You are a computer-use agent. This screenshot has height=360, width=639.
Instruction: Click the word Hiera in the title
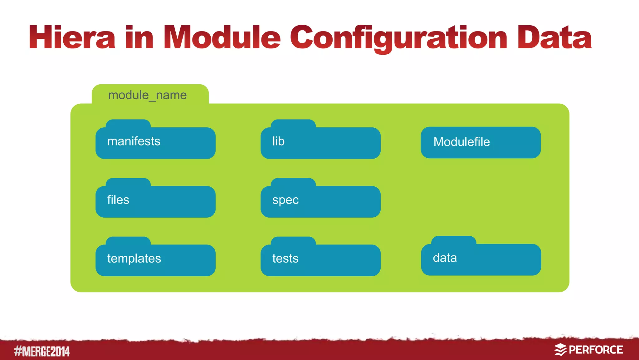tap(72, 38)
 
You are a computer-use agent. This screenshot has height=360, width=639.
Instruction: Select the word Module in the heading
tap(222, 38)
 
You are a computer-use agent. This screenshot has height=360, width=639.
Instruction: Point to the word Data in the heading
tap(554, 38)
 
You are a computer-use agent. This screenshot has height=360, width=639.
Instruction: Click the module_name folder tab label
tap(147, 95)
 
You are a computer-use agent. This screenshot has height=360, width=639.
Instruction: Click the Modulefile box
tap(480, 142)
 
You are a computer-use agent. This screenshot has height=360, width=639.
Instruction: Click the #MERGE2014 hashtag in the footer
tap(42, 351)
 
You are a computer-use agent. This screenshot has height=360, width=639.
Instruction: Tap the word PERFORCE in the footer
tap(596, 350)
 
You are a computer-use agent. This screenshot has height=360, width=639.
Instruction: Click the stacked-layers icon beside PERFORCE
tap(560, 350)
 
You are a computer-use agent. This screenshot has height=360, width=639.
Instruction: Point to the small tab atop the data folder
tap(454, 240)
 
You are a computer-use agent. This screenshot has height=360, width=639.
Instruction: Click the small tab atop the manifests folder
tap(128, 123)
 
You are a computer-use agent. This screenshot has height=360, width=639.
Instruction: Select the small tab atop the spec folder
tap(293, 182)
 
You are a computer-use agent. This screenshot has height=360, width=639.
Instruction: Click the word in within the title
tap(139, 38)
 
